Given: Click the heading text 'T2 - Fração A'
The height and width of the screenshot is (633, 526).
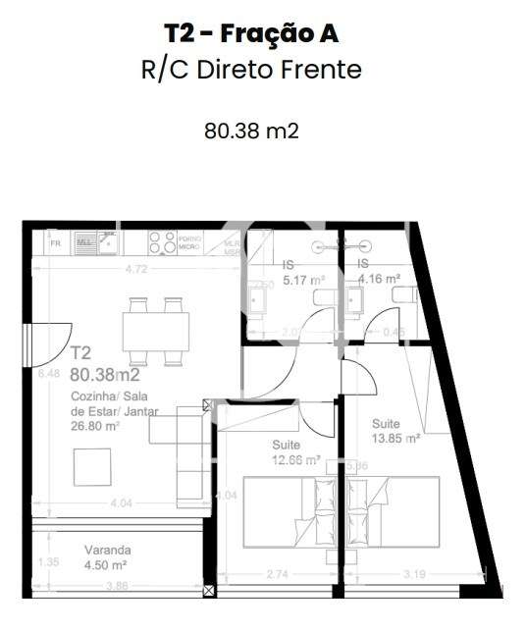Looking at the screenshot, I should [x=251, y=33].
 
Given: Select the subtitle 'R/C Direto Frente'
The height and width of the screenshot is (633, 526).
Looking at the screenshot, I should [x=251, y=70].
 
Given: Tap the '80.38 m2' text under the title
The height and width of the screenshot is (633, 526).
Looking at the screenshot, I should [x=251, y=131].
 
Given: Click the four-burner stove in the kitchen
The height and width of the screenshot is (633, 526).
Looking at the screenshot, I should [x=163, y=240].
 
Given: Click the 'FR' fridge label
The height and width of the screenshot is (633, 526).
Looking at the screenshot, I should [x=55, y=241].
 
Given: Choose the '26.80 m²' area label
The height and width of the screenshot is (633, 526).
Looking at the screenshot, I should [x=95, y=426].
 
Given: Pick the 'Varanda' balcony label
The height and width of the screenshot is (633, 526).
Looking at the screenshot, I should [x=107, y=551].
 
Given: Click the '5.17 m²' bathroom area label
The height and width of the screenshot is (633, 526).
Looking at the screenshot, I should [x=303, y=280].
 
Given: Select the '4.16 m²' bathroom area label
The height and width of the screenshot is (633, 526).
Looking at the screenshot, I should [x=379, y=279].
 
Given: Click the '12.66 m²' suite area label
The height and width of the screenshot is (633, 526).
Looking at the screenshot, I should [x=297, y=458].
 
